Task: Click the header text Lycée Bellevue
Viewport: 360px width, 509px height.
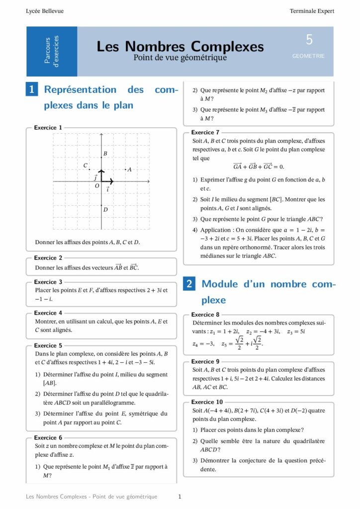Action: coord(45,11)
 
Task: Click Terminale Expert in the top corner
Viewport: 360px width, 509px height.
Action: coord(312,11)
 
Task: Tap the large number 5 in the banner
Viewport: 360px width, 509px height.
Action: coord(309,40)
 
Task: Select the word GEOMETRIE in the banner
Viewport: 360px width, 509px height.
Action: coord(308,56)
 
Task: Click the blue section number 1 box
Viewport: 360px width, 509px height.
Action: coord(32,89)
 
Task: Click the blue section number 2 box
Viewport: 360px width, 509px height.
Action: coord(189,284)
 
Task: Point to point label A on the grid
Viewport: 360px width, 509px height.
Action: coord(129,170)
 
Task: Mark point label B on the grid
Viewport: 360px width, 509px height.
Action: coord(105,154)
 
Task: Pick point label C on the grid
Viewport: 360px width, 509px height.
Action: coord(86,165)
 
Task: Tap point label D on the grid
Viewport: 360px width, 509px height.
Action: coord(105,210)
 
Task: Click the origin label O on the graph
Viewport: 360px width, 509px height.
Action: coord(97,186)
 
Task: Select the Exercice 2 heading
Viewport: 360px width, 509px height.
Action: coord(48,258)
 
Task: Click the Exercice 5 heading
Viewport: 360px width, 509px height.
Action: coord(48,345)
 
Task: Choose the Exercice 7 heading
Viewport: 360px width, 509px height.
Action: coord(205,132)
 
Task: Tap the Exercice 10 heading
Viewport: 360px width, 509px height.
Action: coord(207,402)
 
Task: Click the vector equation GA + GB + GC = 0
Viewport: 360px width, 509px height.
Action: coord(259,167)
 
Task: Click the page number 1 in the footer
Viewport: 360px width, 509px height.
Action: coord(180,497)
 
